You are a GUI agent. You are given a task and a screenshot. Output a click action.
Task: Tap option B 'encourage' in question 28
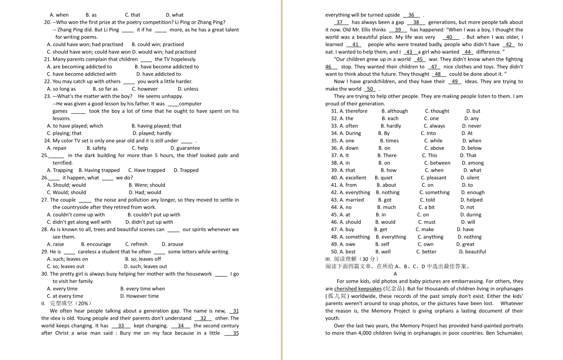coord(96,244)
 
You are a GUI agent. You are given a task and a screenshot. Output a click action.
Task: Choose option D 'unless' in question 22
coord(188,89)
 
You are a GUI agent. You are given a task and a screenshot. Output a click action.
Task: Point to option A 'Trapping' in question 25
coord(60,170)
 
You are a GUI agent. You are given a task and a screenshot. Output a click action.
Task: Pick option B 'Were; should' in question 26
coord(147,185)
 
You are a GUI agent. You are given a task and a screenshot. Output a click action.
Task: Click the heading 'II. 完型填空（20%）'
coord(66,303)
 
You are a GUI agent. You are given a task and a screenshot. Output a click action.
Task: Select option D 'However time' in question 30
coord(139,296)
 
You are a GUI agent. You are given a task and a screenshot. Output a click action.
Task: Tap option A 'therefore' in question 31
coord(353,111)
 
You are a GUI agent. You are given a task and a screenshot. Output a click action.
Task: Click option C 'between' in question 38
coord(437,163)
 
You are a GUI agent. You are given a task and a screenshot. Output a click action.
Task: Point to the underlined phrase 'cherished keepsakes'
coord(358,288)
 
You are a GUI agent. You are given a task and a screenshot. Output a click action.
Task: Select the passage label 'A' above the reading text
coord(395,274)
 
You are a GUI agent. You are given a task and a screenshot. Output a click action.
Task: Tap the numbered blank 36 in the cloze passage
coord(411,15)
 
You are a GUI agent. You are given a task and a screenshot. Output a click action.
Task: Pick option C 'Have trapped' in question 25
coord(147,170)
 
